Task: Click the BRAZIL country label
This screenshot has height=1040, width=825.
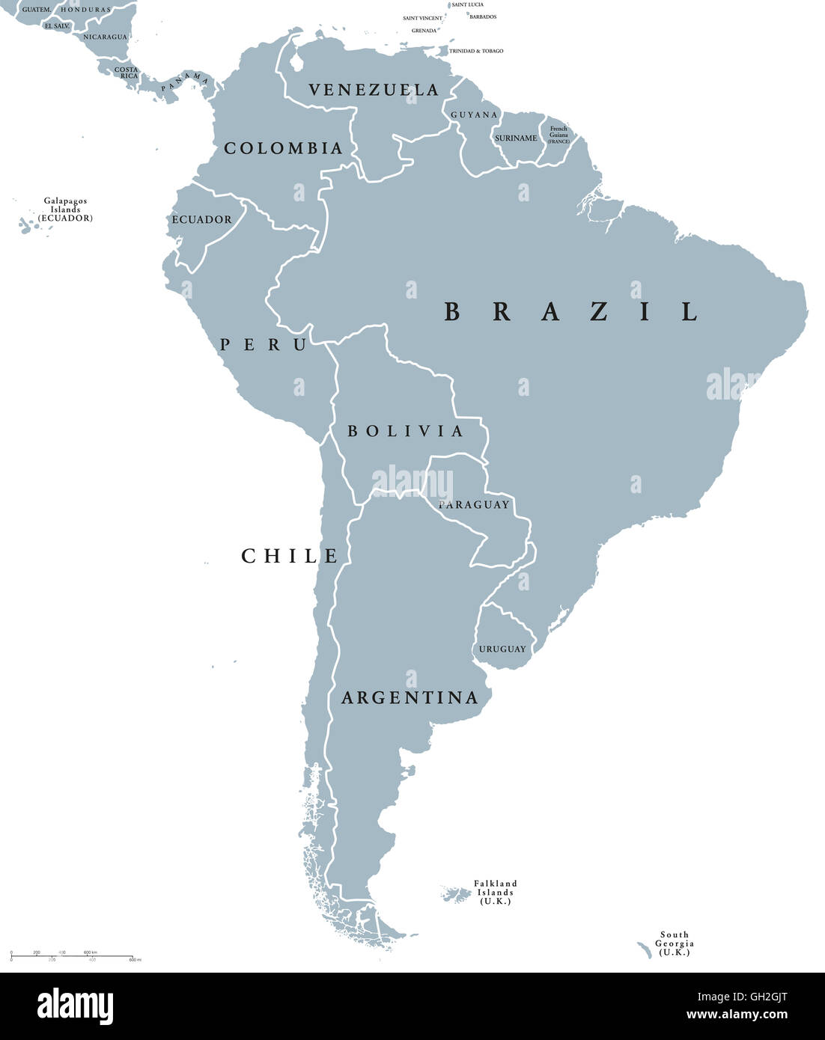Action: tap(570, 311)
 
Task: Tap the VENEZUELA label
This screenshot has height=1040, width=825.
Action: tap(374, 90)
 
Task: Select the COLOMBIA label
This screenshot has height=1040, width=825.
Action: tap(283, 148)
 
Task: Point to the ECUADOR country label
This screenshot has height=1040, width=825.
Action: tap(202, 219)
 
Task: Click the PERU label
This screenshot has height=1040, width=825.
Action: tap(263, 345)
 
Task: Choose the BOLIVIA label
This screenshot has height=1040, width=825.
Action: tap(405, 431)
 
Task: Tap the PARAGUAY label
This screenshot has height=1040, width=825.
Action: tap(474, 504)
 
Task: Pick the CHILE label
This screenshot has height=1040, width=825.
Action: tap(290, 556)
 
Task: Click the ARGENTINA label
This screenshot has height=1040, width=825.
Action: tap(410, 698)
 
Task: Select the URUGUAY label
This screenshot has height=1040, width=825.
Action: tap(502, 649)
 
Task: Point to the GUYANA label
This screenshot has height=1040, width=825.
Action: tap(474, 114)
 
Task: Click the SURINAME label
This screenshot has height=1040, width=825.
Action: tap(515, 138)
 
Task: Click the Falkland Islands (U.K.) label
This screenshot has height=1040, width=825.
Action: tap(496, 893)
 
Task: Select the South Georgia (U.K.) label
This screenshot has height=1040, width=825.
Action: tap(674, 943)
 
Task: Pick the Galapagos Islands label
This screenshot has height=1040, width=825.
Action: tap(65, 209)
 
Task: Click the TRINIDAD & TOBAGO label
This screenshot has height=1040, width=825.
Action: tap(476, 51)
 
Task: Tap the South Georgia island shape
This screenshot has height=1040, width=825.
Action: tap(645, 950)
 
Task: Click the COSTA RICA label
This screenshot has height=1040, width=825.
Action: tap(127, 73)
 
